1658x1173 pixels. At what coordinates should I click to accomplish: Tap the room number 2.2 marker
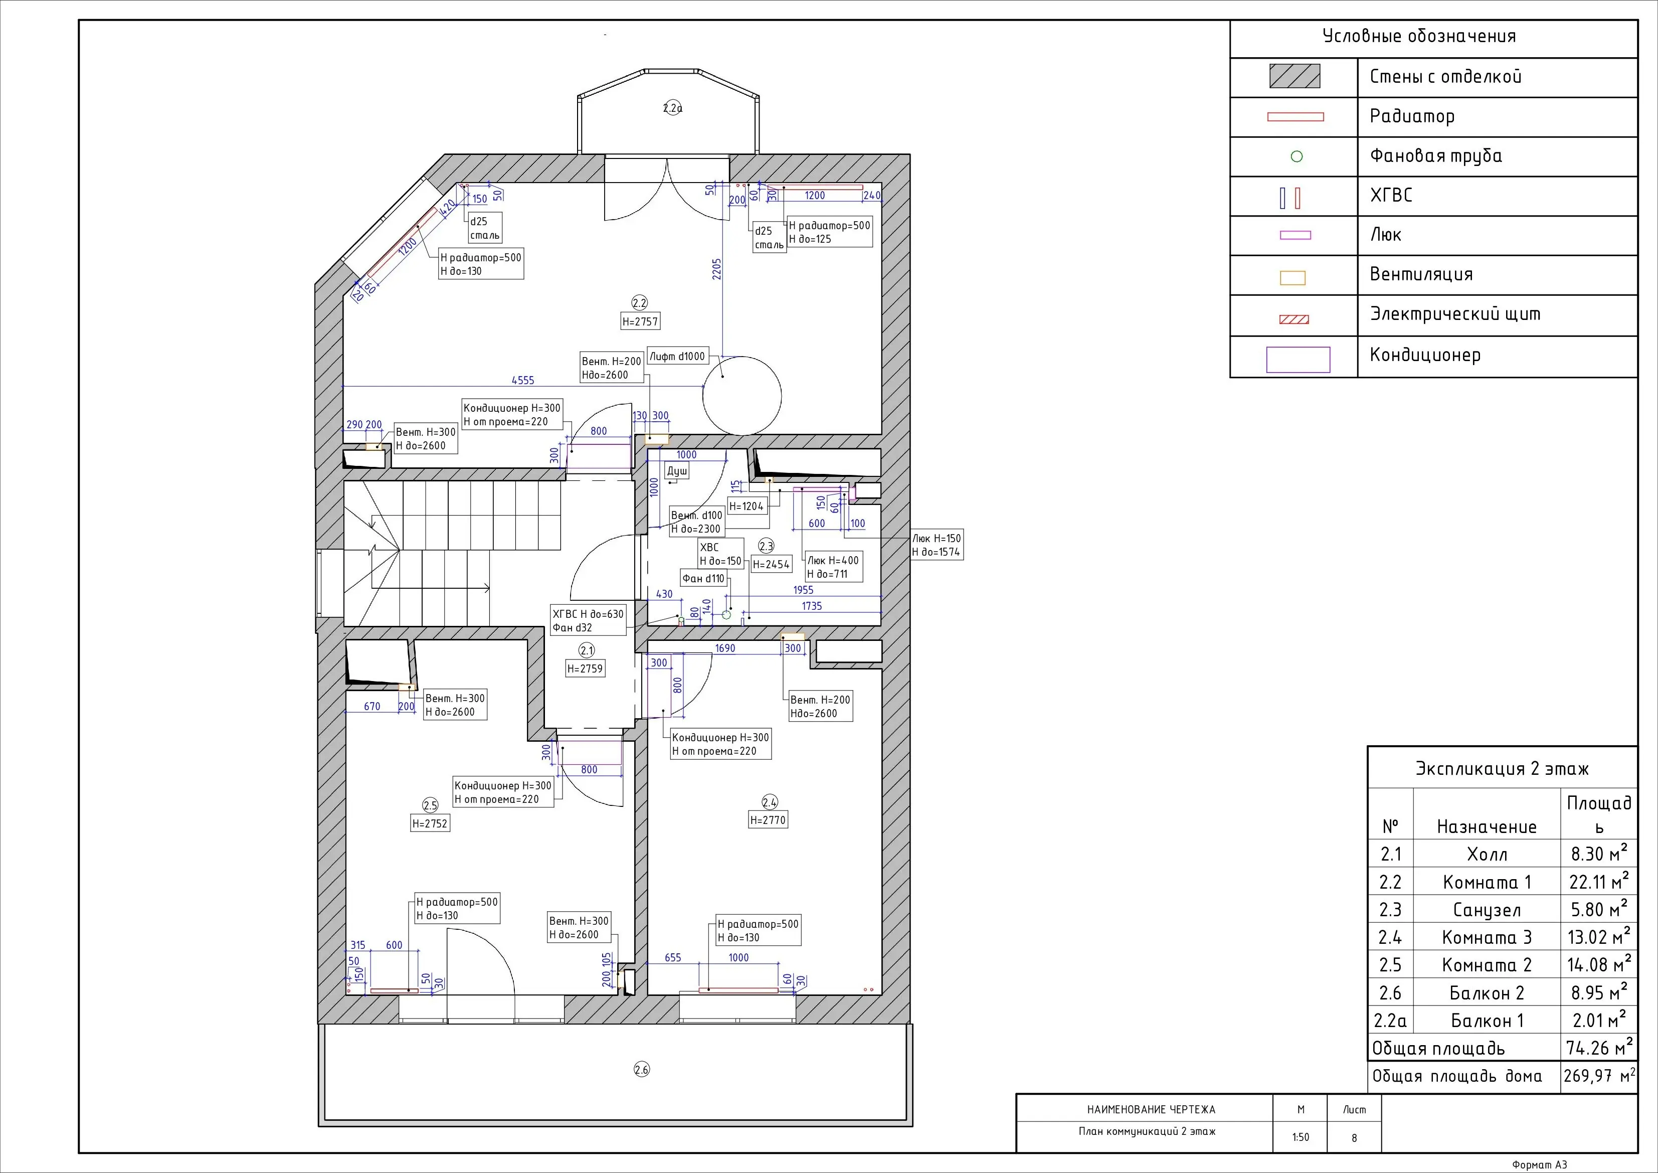(x=639, y=302)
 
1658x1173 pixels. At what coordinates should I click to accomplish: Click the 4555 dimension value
(x=523, y=380)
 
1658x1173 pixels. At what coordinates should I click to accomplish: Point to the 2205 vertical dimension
(x=717, y=269)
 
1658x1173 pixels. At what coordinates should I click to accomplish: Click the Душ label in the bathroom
(x=677, y=471)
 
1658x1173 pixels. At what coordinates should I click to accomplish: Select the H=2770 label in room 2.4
(x=768, y=820)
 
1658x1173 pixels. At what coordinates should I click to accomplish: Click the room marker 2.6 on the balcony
(x=641, y=1069)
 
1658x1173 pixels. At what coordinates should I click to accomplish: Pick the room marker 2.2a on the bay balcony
(x=672, y=108)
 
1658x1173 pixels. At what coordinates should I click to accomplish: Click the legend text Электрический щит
(x=1455, y=314)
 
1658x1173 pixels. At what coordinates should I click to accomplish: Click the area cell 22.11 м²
(x=1599, y=881)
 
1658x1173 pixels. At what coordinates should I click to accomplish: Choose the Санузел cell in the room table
(x=1487, y=909)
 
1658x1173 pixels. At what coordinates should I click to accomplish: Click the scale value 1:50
(x=1301, y=1137)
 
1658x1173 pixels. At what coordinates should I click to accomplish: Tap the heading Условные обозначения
(x=1419, y=37)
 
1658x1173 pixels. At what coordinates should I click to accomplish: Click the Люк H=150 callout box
(x=937, y=545)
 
